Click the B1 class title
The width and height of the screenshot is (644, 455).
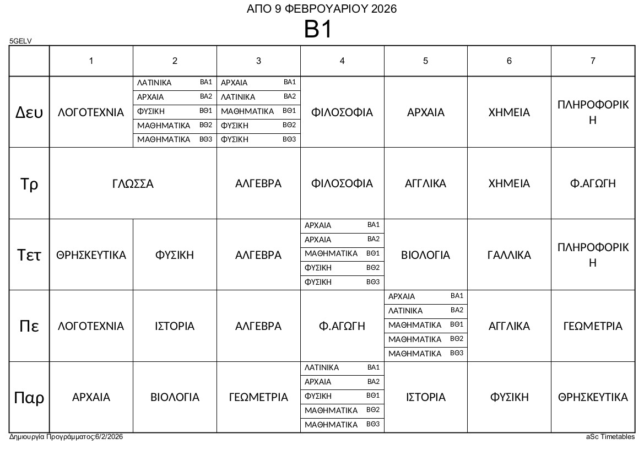click(x=318, y=29)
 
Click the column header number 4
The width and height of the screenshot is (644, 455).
click(x=342, y=61)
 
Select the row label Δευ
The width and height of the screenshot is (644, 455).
click(x=29, y=112)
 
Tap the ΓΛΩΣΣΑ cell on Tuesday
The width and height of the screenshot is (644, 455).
click(x=133, y=183)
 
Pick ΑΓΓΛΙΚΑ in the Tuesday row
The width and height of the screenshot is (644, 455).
click(x=425, y=183)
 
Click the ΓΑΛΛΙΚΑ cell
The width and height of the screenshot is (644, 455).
click(x=509, y=255)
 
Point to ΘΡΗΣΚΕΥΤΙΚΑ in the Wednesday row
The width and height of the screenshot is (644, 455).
click(x=91, y=255)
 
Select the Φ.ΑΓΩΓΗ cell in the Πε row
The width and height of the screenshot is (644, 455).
click(x=342, y=326)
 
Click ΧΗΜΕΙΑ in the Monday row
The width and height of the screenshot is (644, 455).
click(x=509, y=112)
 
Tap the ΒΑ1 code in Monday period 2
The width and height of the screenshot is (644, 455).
click(x=206, y=82)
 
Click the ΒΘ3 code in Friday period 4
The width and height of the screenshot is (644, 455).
click(x=373, y=424)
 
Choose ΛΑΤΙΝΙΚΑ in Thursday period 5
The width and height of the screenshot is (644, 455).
click(x=405, y=311)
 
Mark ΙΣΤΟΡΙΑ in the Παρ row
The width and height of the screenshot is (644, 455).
click(x=425, y=397)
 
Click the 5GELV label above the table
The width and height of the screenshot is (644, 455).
click(x=21, y=41)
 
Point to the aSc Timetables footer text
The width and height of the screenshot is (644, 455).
click(x=610, y=437)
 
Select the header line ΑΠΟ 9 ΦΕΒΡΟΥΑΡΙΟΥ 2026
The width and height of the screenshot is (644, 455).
click(x=322, y=9)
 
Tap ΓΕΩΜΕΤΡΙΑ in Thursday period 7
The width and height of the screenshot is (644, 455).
click(x=593, y=326)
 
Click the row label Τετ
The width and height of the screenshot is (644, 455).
click(x=29, y=255)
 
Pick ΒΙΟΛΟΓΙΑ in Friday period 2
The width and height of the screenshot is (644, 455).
click(x=175, y=397)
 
